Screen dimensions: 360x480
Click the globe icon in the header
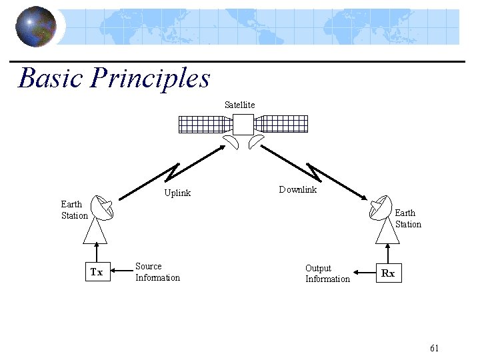point(35,27)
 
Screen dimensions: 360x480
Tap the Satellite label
point(239,105)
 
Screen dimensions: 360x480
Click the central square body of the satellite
point(243,125)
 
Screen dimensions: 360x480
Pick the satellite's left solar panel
point(204,124)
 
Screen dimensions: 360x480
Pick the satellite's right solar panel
point(282,124)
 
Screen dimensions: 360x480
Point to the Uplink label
point(177,193)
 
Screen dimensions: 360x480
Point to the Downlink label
point(297,190)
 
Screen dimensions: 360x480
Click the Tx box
point(97,272)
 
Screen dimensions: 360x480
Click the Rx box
point(387,273)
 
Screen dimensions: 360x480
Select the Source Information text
point(157,272)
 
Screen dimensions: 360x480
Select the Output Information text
point(327,273)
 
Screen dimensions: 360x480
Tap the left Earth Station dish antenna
point(103,209)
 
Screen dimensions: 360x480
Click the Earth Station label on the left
point(74,210)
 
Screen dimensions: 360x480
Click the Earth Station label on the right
point(408,219)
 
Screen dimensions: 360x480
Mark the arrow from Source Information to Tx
point(121,271)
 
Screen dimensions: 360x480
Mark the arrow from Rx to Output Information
point(364,273)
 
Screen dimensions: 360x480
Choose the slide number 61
point(435,348)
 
